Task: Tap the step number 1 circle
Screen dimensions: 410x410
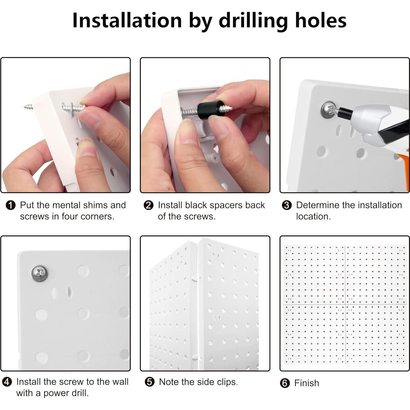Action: tap(10, 205)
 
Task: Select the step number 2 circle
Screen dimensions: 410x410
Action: tap(149, 205)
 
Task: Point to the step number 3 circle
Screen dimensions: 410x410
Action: tap(287, 205)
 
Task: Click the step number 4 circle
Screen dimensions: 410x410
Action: tap(7, 382)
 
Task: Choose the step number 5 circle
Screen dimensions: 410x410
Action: tap(150, 382)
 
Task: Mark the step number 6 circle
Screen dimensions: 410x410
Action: tap(285, 383)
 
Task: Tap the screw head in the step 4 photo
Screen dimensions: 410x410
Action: tap(39, 273)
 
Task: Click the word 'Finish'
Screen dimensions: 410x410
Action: tap(307, 383)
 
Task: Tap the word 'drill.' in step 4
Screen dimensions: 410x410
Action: tap(80, 393)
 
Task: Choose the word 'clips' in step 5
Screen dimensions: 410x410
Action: tap(227, 382)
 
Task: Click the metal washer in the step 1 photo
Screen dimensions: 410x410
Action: tap(72, 109)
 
